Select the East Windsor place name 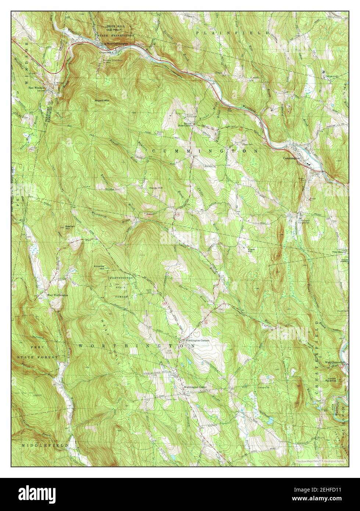(37, 88)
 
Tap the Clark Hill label (252, 250)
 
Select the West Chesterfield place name (335, 362)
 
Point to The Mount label (339, 252)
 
